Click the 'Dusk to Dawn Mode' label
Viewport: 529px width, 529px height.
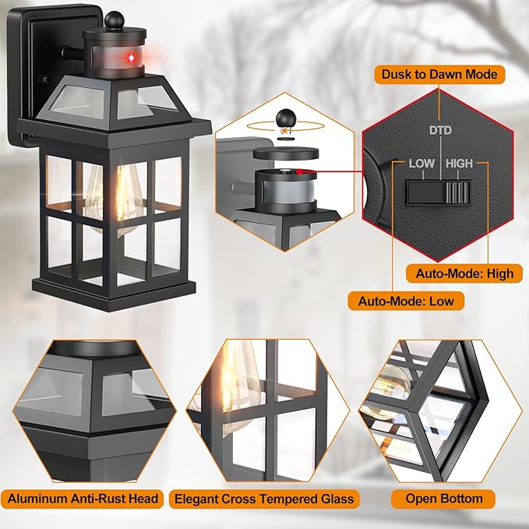click(x=439, y=75)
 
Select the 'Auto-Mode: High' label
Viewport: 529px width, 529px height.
click(x=464, y=273)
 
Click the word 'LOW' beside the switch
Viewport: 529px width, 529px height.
click(x=421, y=164)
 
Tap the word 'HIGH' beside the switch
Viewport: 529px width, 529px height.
click(x=460, y=164)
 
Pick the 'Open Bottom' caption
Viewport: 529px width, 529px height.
click(x=444, y=499)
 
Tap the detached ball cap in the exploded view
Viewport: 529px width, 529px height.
click(x=284, y=118)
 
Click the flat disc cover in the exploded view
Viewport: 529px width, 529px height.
click(x=285, y=154)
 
